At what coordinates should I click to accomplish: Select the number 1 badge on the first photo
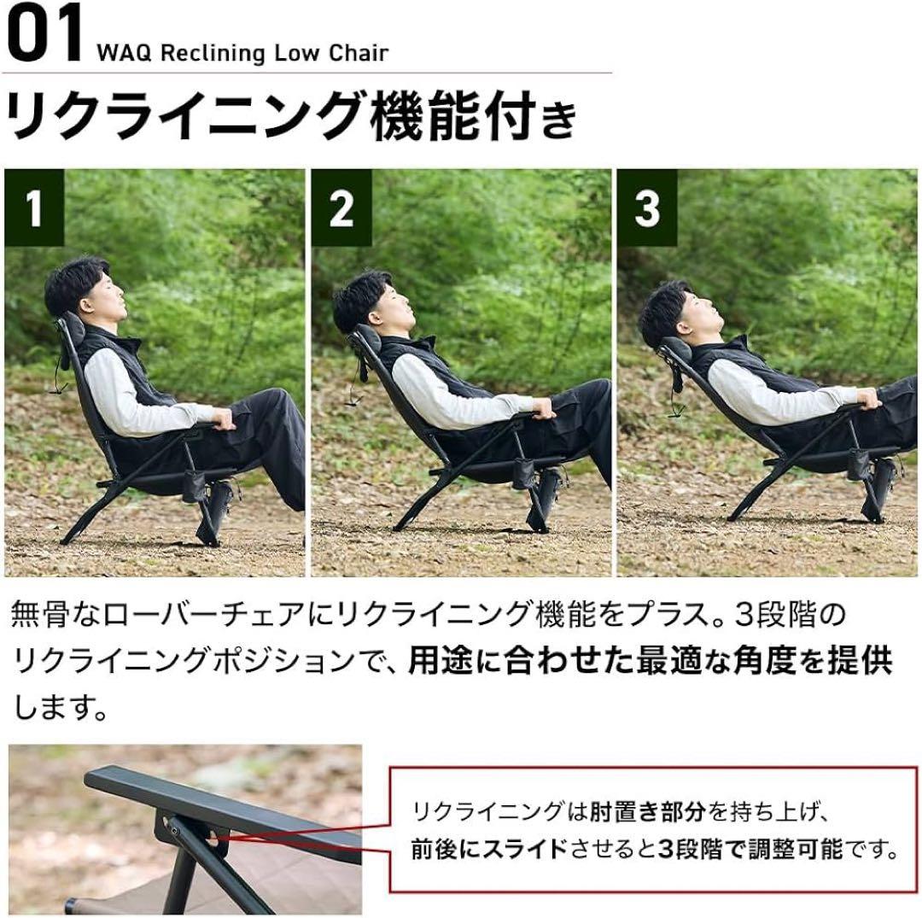point(34,208)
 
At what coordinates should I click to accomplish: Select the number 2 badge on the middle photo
point(341,208)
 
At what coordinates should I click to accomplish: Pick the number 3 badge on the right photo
point(647,208)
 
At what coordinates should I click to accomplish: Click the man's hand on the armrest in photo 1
point(224,418)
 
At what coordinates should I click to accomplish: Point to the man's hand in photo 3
point(867,398)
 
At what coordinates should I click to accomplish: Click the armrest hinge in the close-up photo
point(172,827)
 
